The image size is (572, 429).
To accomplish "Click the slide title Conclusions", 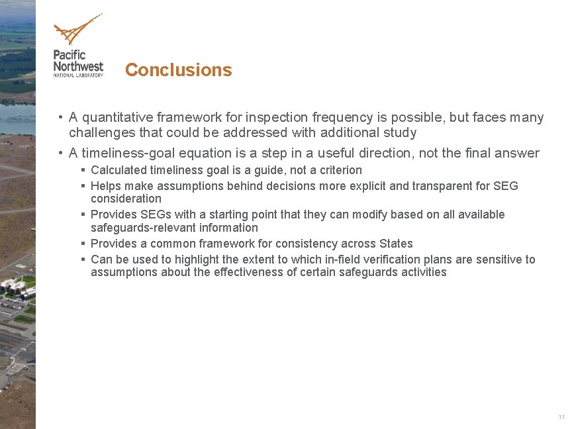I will [178, 70].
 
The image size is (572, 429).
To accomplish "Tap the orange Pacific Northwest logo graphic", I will [77, 30].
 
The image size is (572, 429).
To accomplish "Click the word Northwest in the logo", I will [78, 66].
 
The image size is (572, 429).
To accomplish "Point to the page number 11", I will [561, 417].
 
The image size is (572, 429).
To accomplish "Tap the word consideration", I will [126, 199].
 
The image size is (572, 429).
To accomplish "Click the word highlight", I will [191, 260].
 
